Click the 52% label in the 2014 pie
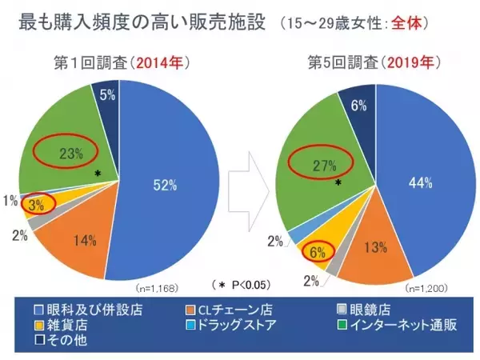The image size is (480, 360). click(163, 184)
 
